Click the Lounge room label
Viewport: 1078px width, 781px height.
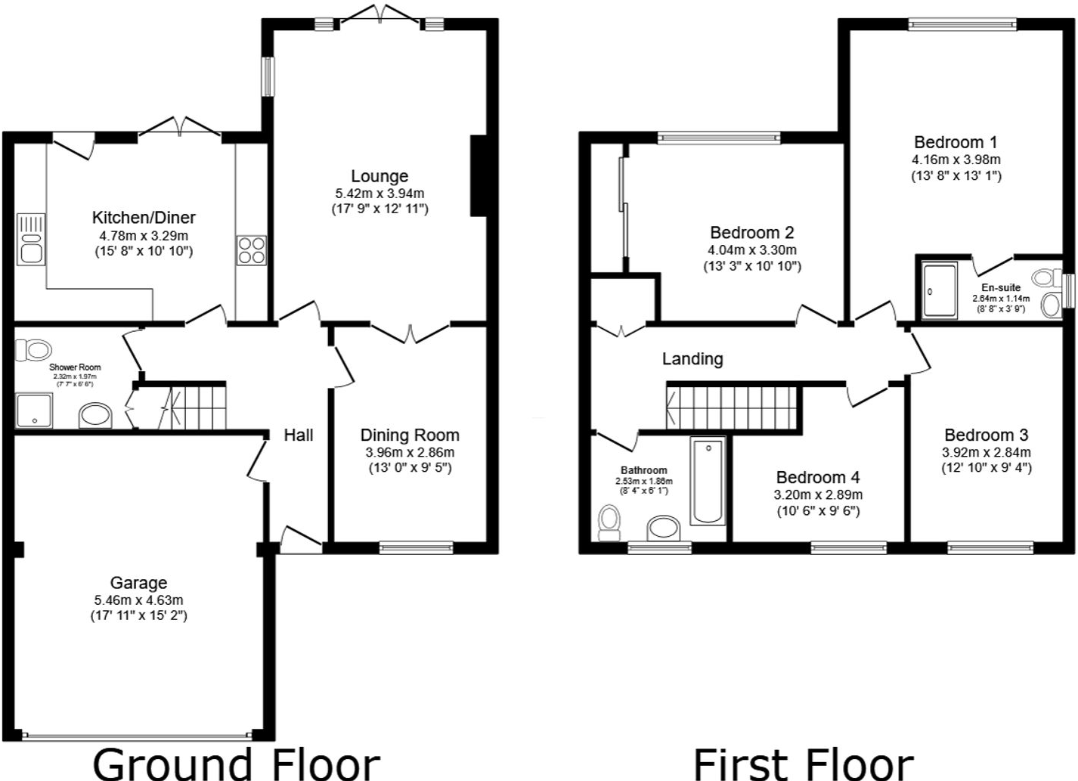pos(379,176)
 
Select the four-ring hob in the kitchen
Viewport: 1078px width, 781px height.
pos(252,250)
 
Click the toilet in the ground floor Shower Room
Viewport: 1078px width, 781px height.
pos(34,350)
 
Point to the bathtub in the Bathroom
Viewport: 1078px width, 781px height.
pos(708,481)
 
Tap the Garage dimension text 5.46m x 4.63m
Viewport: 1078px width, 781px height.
pos(138,600)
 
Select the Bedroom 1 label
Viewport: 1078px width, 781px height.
pos(956,142)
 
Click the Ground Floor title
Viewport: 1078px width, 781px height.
pos(236,762)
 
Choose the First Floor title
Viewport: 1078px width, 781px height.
pos(803,762)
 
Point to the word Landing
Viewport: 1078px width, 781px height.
pos(692,359)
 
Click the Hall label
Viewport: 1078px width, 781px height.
pos(299,435)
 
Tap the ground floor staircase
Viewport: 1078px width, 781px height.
pos(199,408)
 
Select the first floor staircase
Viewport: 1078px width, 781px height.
pos(732,408)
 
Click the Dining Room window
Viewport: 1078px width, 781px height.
pos(416,547)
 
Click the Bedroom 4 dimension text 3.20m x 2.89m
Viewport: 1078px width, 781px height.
pos(818,495)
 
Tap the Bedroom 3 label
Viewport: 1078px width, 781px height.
pos(986,435)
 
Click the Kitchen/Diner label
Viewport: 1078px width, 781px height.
pos(144,218)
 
